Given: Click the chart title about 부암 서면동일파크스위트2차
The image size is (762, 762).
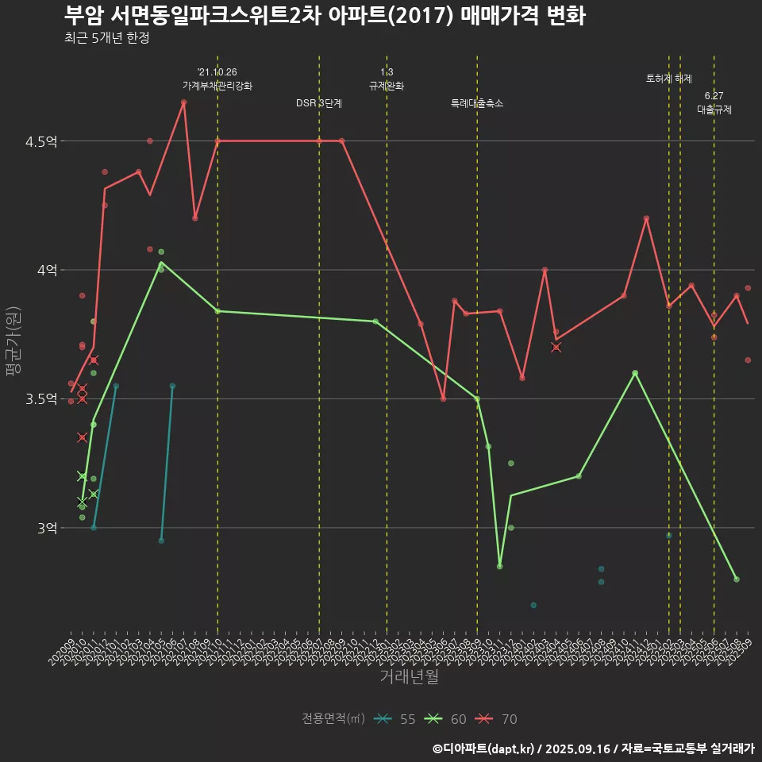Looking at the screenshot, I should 324,16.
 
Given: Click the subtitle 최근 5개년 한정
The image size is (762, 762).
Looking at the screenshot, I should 106,38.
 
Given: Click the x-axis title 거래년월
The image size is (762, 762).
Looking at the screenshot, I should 409,677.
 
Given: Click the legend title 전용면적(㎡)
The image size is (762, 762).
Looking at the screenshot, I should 333,719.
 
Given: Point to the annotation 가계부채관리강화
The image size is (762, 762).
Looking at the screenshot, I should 217,86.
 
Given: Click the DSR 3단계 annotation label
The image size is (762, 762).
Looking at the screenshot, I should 319,103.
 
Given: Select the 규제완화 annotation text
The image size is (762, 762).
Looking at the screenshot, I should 387,86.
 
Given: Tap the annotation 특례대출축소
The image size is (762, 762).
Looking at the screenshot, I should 477,103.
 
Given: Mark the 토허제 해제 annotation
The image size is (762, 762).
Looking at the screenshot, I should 669,79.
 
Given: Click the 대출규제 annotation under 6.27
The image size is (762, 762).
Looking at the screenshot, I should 714,110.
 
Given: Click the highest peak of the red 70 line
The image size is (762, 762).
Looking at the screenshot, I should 183,102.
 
